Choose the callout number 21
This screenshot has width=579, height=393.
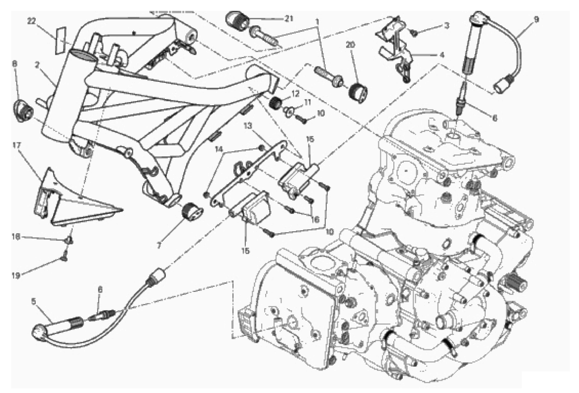[289, 18]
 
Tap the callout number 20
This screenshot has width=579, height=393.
[351, 45]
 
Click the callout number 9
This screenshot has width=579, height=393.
[536, 20]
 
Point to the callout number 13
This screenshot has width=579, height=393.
[249, 127]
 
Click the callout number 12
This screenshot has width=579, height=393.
[294, 93]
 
